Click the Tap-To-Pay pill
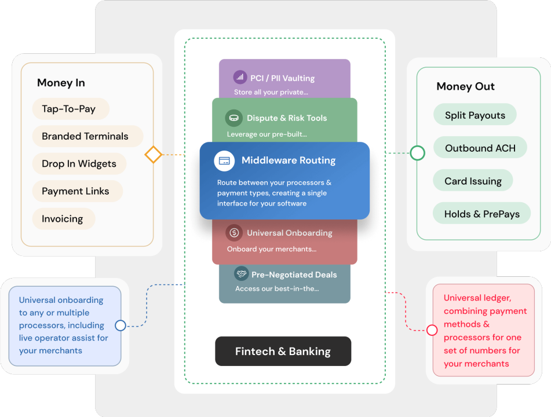point(71,109)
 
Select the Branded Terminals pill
point(87,136)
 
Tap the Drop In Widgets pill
point(79,164)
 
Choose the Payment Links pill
point(77,191)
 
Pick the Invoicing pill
point(64,218)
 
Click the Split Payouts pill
point(475,115)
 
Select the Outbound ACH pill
point(480,148)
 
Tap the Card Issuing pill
point(473,180)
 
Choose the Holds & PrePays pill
point(482,213)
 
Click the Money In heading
point(61,83)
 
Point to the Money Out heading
point(465,86)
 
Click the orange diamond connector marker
point(153,155)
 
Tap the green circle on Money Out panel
point(418,153)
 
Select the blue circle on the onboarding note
point(121,325)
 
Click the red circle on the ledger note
point(432,330)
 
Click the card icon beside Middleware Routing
point(224,161)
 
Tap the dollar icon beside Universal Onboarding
point(234,233)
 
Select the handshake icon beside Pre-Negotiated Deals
point(242,273)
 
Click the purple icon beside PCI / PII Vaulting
point(240,77)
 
